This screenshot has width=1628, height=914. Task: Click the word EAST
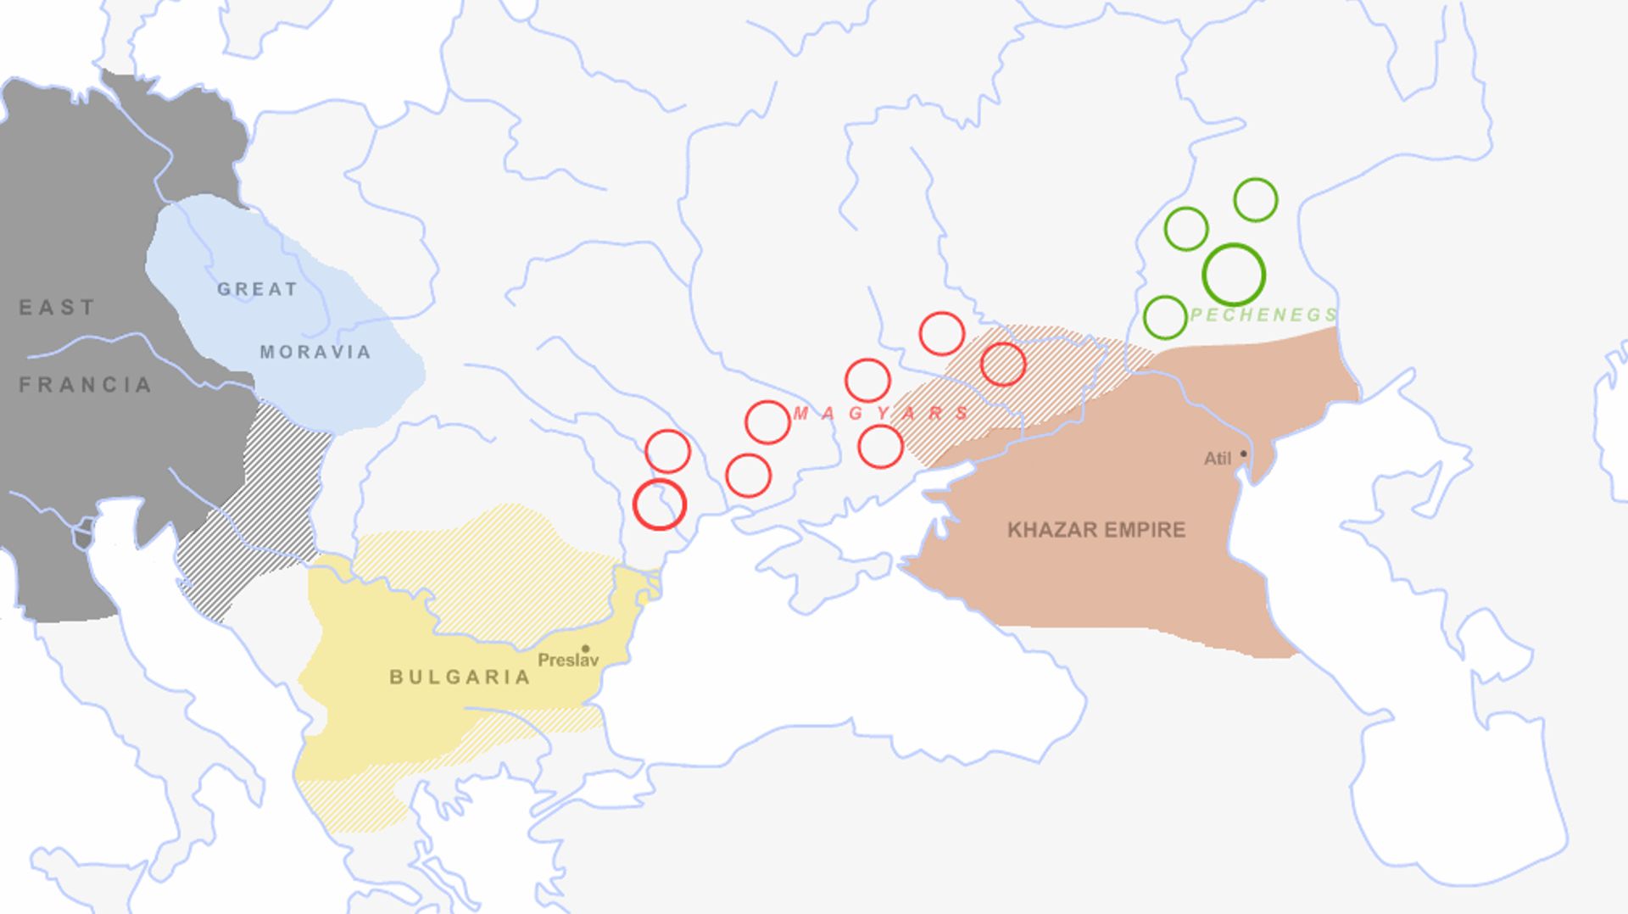(x=57, y=307)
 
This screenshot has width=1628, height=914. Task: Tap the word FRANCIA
(x=85, y=385)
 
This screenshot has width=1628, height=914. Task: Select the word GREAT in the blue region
(x=257, y=289)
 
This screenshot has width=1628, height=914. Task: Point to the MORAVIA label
(x=315, y=352)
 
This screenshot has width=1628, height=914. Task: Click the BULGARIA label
(x=460, y=677)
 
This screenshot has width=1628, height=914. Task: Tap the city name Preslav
(x=566, y=660)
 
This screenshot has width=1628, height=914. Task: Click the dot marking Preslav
(x=585, y=649)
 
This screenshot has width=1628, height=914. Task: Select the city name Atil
(x=1217, y=459)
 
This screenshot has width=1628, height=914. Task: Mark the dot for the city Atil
(x=1244, y=454)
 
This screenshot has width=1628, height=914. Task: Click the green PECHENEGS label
(x=1263, y=315)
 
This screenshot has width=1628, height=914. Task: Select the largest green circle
(x=1234, y=275)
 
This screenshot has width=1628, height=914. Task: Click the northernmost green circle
(x=1255, y=200)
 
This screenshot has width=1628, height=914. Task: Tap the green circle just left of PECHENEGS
(x=1165, y=318)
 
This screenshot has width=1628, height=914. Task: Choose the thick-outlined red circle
(x=659, y=504)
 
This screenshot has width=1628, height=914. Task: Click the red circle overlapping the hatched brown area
(x=1003, y=365)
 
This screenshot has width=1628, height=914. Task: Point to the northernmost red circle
(x=941, y=333)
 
